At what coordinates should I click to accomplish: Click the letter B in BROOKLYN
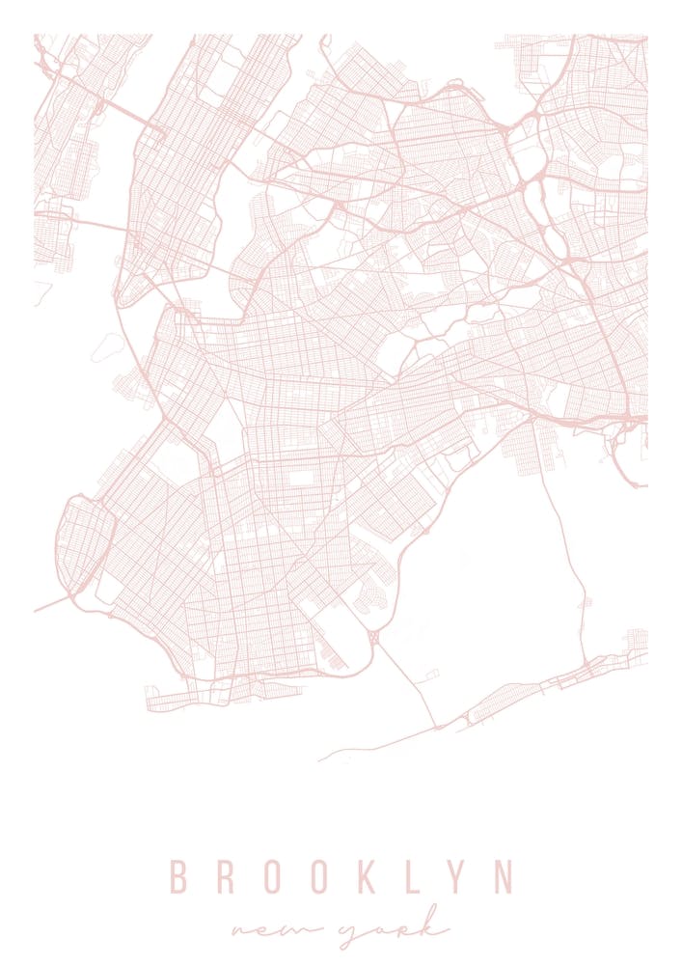(178, 877)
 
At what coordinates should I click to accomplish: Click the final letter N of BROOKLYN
(503, 877)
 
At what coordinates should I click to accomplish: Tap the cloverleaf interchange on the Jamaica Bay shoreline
(374, 638)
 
